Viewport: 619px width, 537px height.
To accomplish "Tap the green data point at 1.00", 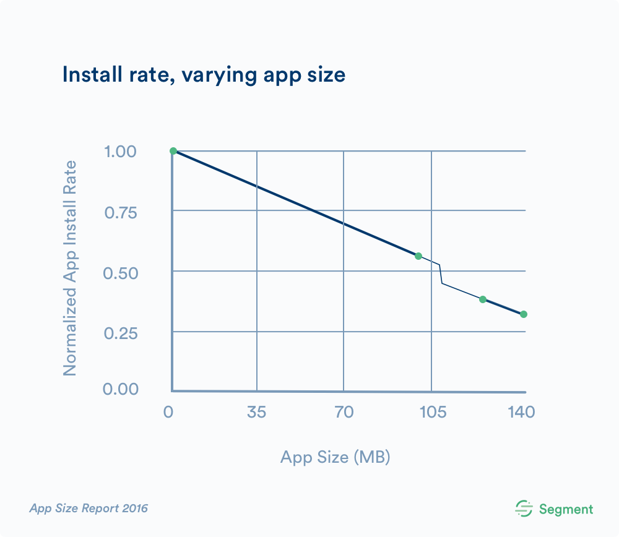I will (173, 151).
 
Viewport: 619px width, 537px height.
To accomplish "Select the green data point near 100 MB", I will (418, 256).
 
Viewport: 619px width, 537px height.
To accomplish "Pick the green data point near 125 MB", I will (483, 299).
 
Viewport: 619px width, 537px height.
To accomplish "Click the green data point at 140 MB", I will (524, 314).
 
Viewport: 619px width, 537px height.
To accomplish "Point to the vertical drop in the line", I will (441, 274).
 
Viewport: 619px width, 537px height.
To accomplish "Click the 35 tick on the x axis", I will (256, 412).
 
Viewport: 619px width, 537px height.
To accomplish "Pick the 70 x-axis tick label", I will (344, 412).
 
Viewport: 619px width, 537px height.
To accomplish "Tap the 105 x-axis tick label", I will (431, 412).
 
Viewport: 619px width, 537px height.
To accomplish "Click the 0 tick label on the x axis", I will (168, 412).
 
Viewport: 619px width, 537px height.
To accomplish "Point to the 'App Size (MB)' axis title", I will (335, 457).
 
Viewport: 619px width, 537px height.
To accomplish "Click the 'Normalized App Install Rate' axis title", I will (70, 268).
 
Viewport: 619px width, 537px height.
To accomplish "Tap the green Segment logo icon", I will (524, 509).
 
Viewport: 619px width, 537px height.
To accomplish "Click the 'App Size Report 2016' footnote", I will (89, 509).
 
